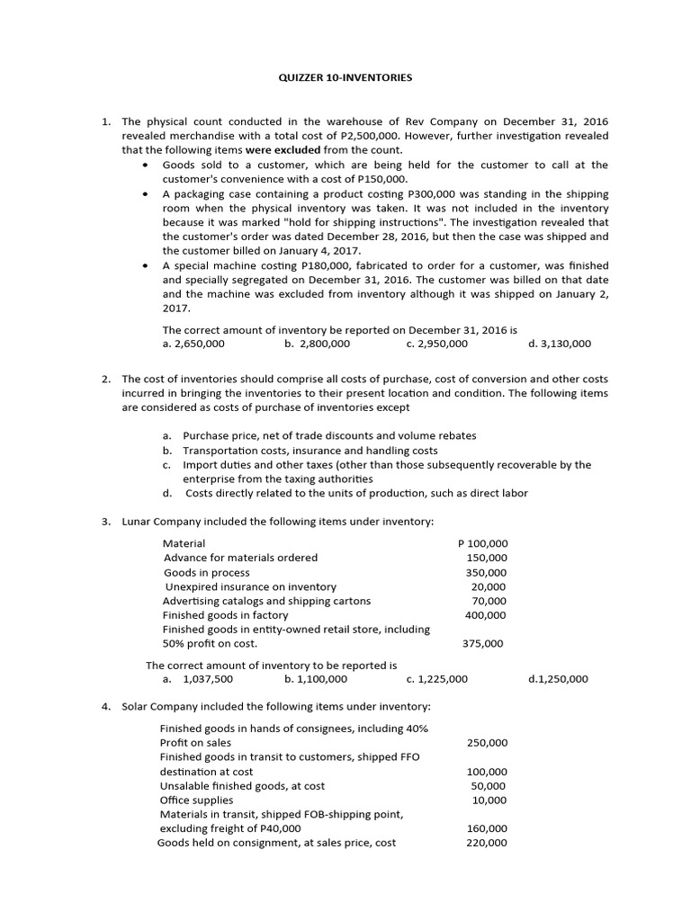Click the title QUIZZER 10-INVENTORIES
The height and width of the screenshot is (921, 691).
coord(345,78)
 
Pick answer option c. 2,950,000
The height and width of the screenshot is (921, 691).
coord(437,344)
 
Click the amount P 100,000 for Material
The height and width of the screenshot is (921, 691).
coord(483,543)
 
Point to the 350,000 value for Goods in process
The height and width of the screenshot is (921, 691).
coord(486,572)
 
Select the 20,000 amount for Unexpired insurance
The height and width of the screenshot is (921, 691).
coord(489,586)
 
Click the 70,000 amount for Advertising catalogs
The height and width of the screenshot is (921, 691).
coord(489,601)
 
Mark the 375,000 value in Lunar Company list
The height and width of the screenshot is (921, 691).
coord(483,643)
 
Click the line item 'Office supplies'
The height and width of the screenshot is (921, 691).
coord(196,800)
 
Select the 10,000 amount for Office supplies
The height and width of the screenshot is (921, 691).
coord(489,800)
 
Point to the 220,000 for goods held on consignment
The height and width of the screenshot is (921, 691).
coord(487,843)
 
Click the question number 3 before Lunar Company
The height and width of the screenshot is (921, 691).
coord(105,522)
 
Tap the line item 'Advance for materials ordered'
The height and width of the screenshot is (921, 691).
coord(240,558)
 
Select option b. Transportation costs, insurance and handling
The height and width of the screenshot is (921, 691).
coord(310,450)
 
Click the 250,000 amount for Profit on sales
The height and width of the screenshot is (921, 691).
coord(487,743)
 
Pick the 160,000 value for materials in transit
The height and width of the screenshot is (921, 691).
coord(487,828)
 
